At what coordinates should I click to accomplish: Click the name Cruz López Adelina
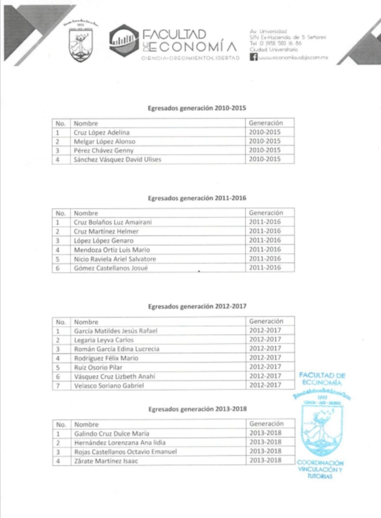102,132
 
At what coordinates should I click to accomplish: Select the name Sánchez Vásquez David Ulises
117,159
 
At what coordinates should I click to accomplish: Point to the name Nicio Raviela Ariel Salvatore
114,259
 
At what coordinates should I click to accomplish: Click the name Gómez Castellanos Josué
108,268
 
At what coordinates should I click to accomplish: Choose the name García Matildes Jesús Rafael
115,331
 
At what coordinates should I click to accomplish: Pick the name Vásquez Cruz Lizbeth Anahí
114,376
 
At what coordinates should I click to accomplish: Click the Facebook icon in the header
254,57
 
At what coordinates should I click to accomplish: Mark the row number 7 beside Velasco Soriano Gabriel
58,386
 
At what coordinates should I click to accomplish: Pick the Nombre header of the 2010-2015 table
86,123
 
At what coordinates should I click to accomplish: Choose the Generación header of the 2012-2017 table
266,321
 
